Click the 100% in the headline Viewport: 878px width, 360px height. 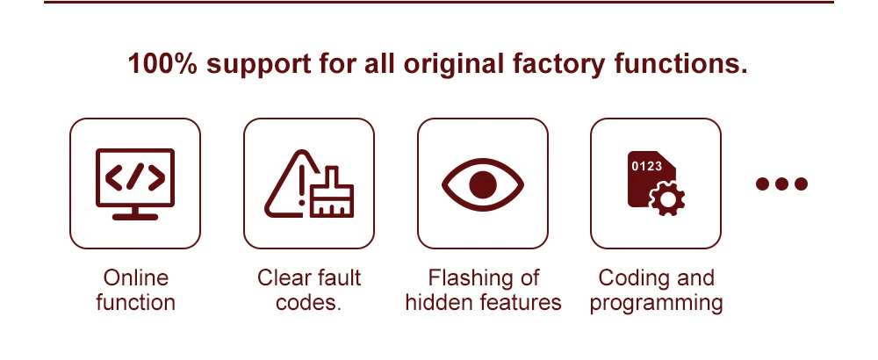click(x=162, y=63)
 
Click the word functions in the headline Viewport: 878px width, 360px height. click(x=681, y=63)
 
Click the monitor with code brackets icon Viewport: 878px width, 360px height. click(x=135, y=184)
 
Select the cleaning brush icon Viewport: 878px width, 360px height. click(x=332, y=192)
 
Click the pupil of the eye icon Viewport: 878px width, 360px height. click(x=483, y=184)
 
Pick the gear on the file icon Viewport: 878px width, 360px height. click(x=667, y=198)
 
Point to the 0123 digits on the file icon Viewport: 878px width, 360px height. click(x=647, y=166)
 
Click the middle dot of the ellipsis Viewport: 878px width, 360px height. click(x=781, y=184)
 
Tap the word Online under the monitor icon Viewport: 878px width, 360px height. click(x=135, y=277)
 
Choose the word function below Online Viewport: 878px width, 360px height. click(x=135, y=302)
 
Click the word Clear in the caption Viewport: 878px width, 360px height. click(x=282, y=277)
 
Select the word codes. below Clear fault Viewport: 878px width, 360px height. click(x=308, y=302)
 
